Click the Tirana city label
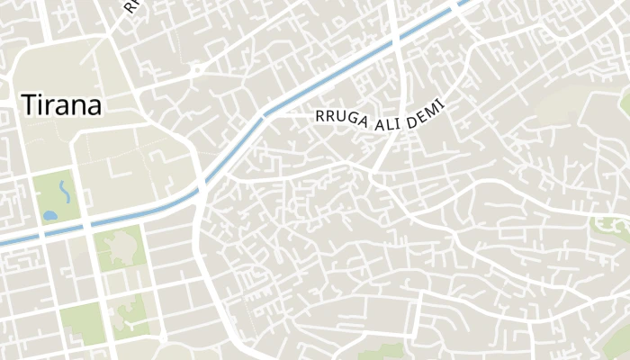61,104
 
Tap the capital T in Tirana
28,104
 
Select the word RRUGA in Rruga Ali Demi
339,119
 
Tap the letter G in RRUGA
346,120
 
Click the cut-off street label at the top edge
131,6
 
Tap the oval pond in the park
49,217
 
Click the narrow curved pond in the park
64,191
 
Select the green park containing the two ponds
57,196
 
